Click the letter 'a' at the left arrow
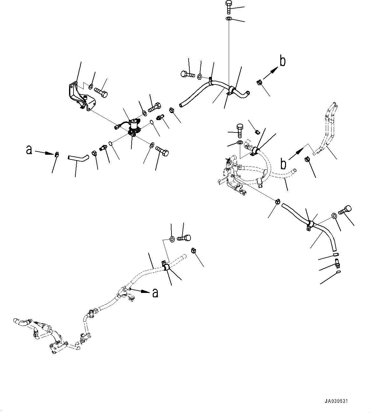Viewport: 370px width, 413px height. (x=29, y=150)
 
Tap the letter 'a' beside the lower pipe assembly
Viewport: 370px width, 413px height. (x=155, y=293)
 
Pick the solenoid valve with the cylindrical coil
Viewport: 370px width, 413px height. (x=134, y=127)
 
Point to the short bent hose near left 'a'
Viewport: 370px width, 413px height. (x=77, y=157)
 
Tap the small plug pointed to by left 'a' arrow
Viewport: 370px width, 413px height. (x=57, y=155)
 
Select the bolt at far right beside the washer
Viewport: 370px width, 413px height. (x=346, y=210)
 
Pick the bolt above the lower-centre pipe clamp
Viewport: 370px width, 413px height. (x=184, y=237)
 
